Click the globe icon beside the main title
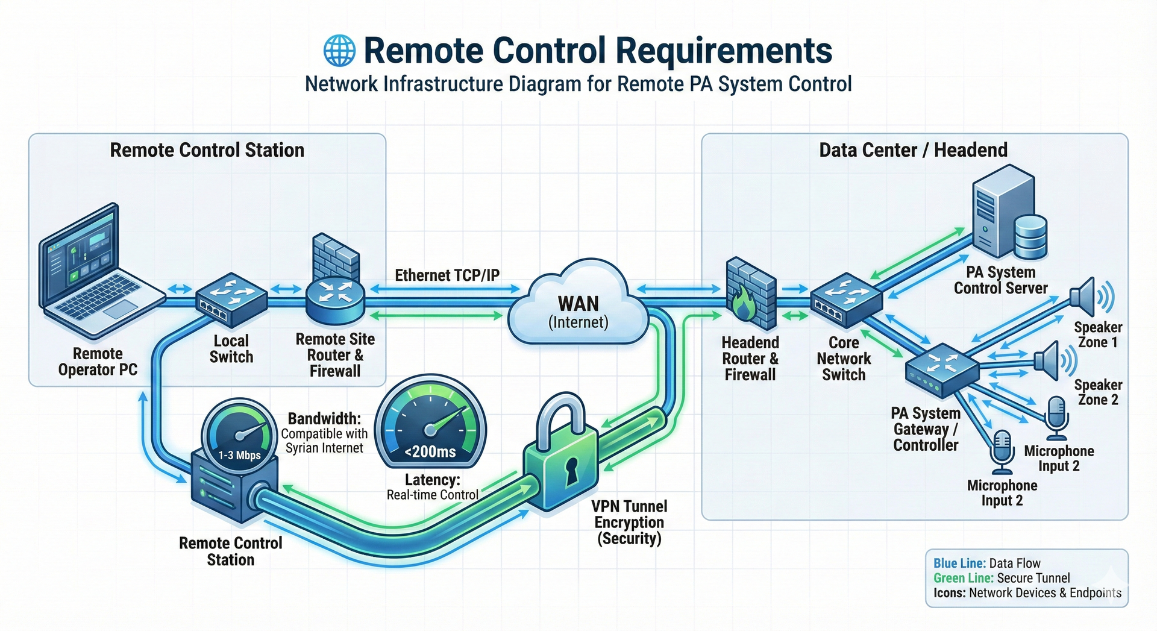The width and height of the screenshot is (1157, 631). (339, 50)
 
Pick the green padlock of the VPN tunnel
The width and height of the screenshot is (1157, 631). (560, 458)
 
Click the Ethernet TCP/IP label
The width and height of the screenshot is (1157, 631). (447, 275)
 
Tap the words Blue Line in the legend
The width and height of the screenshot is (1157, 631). (959, 564)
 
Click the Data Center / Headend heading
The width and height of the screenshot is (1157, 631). (913, 150)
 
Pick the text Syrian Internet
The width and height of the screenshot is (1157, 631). (324, 448)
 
